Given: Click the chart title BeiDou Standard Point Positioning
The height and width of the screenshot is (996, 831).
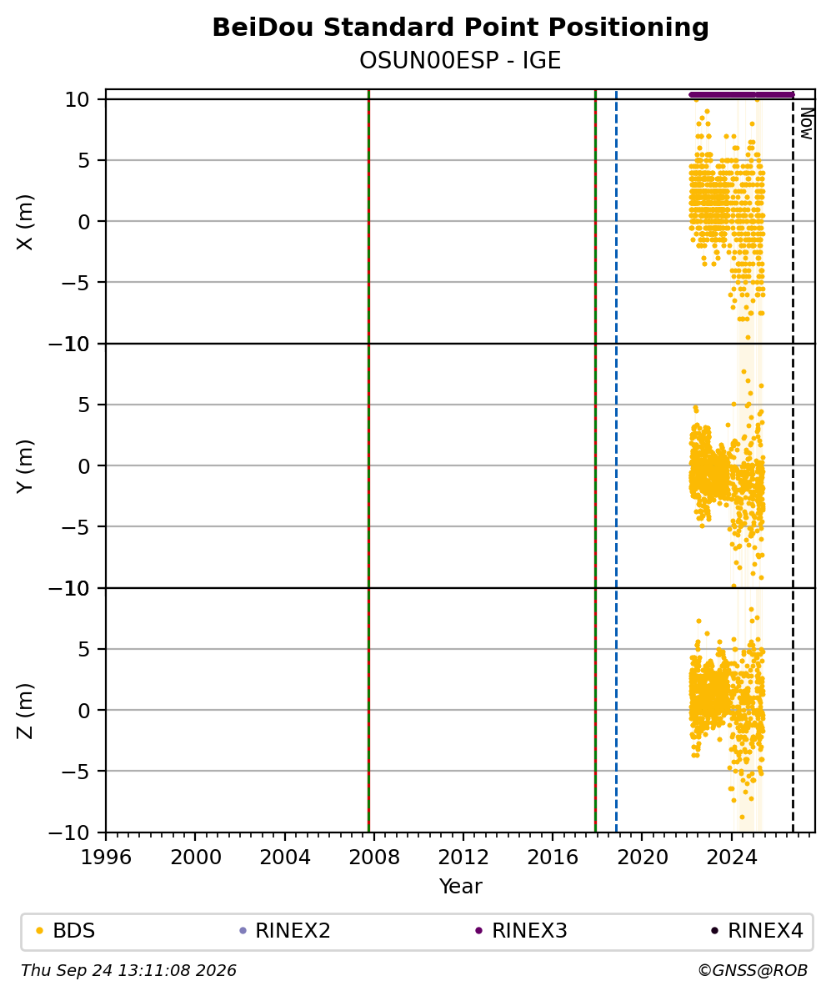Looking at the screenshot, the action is (460, 28).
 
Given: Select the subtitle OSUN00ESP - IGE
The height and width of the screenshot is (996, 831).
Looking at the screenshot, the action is (460, 61).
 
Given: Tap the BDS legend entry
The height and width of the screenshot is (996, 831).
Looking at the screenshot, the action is (66, 931).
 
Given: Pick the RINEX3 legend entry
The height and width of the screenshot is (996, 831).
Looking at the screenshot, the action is (521, 931).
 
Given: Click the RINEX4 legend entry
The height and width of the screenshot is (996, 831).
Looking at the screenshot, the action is (758, 931).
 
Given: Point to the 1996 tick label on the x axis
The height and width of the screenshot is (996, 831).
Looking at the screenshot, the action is (106, 858).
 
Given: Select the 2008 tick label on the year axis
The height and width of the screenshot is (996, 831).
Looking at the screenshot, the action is (374, 858).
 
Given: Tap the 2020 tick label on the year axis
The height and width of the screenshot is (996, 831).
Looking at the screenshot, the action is (642, 858).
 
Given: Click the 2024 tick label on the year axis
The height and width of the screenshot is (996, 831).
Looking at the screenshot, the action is (731, 858).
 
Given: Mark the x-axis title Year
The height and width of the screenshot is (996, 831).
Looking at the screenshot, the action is (460, 887).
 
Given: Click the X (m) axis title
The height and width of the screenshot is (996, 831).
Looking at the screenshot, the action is (25, 222).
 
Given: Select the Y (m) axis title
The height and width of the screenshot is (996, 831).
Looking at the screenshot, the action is (25, 466).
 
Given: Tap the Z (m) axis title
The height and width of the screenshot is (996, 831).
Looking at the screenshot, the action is (25, 711).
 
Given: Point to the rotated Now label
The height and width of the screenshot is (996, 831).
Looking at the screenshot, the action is (806, 123).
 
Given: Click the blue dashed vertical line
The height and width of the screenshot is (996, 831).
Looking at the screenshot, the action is (617, 460).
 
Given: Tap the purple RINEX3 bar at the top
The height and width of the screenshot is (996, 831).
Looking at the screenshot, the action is (742, 95).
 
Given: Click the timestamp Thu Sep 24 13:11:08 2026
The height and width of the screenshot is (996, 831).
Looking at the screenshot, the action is (129, 971).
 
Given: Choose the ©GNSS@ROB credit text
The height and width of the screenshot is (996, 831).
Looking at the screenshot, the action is (753, 971).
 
